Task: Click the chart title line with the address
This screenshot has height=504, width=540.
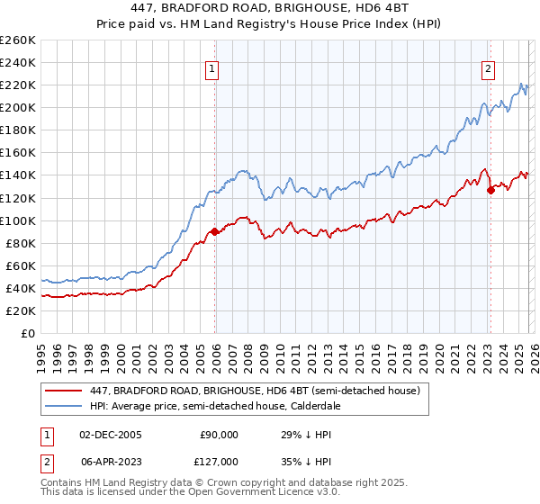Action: [x=270, y=9]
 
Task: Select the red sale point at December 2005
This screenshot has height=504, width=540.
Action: [x=215, y=231]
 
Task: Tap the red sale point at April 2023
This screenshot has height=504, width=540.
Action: [x=490, y=190]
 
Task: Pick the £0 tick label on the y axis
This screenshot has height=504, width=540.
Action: [x=27, y=333]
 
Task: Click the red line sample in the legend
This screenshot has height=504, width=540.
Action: [x=65, y=391]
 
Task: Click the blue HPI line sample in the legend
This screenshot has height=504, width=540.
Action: [x=65, y=406]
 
